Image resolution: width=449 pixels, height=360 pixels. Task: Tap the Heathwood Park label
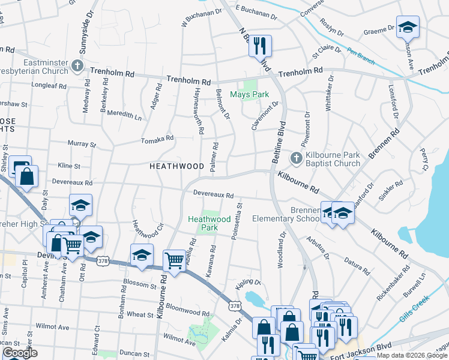pos(209,223)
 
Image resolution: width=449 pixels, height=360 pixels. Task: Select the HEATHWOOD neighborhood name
pos(176,166)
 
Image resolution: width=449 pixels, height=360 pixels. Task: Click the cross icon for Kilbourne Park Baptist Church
pos(296,158)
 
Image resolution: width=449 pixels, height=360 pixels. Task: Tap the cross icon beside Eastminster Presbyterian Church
pos(77,65)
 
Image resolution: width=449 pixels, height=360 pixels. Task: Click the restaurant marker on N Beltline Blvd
pos(261,46)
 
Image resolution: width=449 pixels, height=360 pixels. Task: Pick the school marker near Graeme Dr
pos(408,28)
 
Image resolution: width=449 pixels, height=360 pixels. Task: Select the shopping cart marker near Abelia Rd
pos(174,261)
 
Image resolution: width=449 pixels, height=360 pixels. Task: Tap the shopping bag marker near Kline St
pos(27,176)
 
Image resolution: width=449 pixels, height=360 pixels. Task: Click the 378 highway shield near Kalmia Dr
pos(234,305)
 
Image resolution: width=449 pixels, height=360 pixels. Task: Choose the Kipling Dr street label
pos(249,282)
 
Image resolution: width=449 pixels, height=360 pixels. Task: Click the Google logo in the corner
pos(20,353)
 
